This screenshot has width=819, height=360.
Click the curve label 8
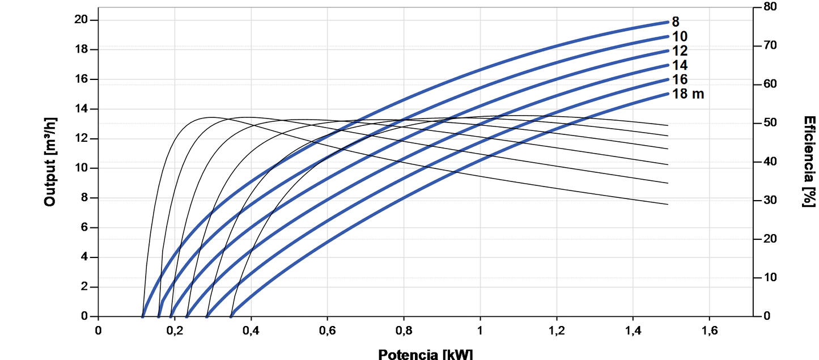click(676, 22)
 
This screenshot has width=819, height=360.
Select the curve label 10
click(680, 37)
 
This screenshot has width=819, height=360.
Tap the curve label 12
click(680, 51)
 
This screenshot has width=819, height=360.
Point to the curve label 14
click(680, 65)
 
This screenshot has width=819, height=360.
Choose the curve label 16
click(680, 79)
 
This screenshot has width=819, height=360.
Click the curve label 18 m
click(688, 94)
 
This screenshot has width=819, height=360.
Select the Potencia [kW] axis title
click(425, 354)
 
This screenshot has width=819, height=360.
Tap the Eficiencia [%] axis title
click(809, 162)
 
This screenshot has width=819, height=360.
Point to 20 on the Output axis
click(82, 20)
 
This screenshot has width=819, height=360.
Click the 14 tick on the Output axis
click(82, 109)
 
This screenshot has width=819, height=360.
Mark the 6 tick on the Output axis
click(86, 228)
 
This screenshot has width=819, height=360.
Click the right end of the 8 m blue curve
click(668, 22)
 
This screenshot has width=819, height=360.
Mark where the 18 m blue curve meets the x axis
click(231, 316)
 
